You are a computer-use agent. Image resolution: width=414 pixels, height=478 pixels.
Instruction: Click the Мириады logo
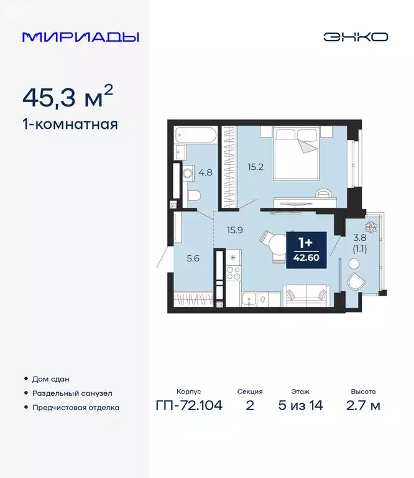point(80,37)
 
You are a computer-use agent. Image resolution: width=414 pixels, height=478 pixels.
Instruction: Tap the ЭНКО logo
point(355,37)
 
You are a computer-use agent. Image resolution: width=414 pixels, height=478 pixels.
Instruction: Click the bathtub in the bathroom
point(196,135)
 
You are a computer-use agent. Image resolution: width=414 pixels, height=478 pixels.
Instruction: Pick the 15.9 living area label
point(235,230)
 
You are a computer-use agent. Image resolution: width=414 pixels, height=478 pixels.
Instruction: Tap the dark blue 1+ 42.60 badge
point(306,250)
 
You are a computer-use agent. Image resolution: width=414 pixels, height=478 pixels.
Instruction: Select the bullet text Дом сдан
point(50,379)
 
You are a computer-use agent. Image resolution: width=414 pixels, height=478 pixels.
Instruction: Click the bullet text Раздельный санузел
point(71,393)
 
